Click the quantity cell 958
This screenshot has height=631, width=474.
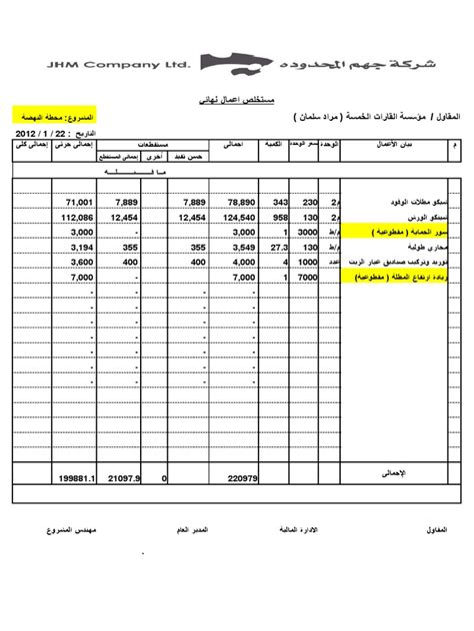coord(279,216)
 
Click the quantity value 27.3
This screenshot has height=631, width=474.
coord(278,246)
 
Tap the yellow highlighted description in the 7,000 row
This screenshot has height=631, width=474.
coord(376,277)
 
